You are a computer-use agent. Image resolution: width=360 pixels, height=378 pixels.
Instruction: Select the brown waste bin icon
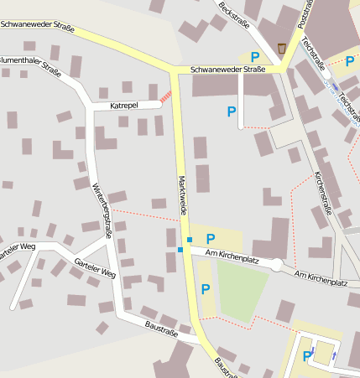[281, 47]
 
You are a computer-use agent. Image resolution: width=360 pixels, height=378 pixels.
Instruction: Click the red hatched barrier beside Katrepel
[166, 97]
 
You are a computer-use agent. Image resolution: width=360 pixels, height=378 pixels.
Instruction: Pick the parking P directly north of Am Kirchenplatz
[210, 239]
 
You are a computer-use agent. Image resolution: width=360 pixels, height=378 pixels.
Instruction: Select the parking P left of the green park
[205, 289]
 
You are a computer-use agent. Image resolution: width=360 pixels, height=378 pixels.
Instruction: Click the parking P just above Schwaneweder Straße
[255, 56]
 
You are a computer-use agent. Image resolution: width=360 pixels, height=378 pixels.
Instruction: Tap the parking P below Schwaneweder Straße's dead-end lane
[232, 111]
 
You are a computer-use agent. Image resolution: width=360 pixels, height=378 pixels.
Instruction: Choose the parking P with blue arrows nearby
[307, 356]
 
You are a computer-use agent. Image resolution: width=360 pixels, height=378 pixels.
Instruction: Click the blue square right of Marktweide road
[190, 240]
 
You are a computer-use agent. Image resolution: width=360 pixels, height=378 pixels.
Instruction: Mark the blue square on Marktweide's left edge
[180, 250]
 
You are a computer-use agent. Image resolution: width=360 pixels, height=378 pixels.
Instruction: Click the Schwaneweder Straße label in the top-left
[37, 26]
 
